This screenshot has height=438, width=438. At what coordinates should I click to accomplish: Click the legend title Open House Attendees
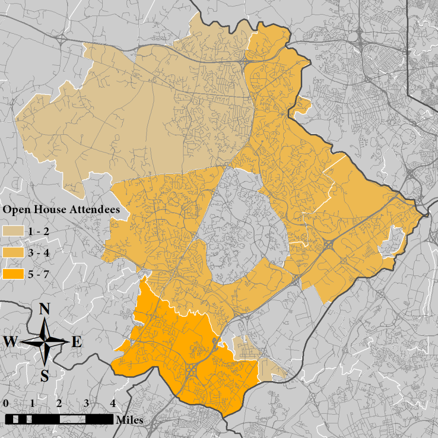tap(62, 210)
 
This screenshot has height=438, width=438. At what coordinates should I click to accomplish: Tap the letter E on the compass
tap(76, 342)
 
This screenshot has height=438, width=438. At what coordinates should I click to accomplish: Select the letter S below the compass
tap(45, 375)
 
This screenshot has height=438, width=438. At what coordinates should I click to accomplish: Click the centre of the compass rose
tap(45, 342)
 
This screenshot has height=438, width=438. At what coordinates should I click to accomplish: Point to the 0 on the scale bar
tap(5, 403)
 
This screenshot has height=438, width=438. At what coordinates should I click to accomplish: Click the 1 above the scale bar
tap(32, 403)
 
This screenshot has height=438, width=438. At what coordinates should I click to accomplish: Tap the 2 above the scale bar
tap(59, 403)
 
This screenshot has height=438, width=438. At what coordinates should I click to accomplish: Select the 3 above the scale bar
tap(86, 403)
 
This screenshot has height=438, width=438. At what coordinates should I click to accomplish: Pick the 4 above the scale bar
tap(112, 403)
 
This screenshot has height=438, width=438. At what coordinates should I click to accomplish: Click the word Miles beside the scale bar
tap(129, 420)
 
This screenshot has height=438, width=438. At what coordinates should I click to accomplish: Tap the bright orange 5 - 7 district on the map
tap(185, 350)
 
